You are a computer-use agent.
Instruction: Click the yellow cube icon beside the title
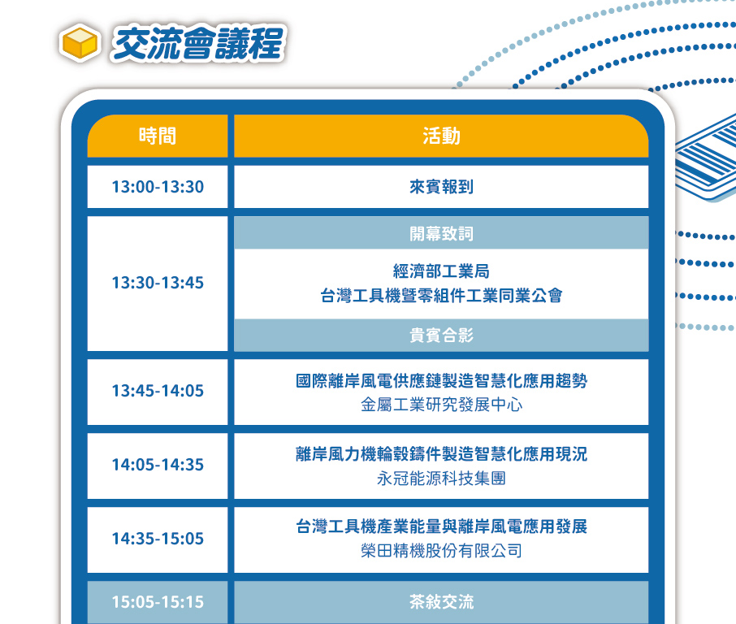[80, 43]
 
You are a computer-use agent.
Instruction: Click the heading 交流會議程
[198, 43]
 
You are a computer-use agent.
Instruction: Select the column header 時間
[158, 136]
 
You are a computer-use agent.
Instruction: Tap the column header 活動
[441, 136]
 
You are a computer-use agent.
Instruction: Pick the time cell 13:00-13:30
[158, 187]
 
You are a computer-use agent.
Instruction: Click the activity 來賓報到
[441, 187]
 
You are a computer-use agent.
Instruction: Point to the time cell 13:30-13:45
[158, 283]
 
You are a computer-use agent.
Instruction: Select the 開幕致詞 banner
[441, 233]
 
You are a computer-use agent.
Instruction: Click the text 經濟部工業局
[441, 271]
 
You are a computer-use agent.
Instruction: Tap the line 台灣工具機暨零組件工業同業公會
[441, 296]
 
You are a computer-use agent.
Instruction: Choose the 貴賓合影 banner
[441, 336]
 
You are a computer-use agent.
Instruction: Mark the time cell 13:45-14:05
[158, 391]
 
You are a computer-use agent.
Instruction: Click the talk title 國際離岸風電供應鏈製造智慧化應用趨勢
[441, 380]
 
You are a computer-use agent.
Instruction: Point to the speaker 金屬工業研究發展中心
[441, 405]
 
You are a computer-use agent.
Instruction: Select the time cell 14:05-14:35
[158, 465]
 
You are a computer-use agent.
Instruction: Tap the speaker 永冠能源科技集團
[441, 479]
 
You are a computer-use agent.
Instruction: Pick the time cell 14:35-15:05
[158, 539]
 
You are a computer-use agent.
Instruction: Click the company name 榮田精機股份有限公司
[441, 551]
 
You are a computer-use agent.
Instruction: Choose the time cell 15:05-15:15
[158, 602]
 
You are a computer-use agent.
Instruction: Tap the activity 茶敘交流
[441, 602]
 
